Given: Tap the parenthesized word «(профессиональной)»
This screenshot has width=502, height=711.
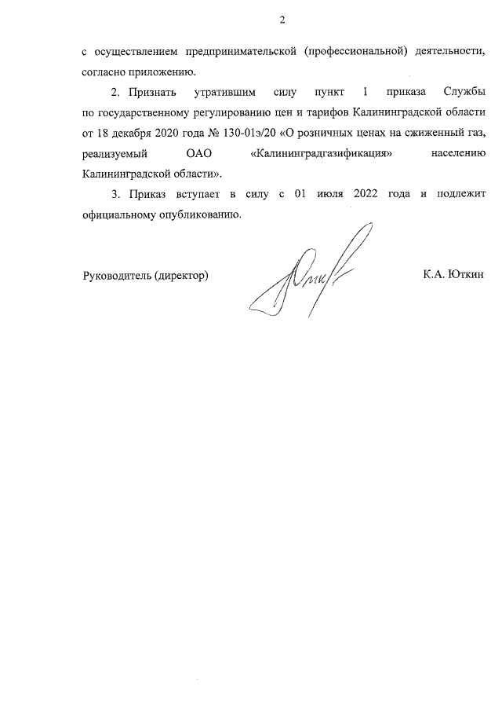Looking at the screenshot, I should (x=357, y=53).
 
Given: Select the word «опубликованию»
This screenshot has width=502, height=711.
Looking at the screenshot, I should (x=194, y=214).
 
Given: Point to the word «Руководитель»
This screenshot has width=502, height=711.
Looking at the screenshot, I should (x=117, y=275).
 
